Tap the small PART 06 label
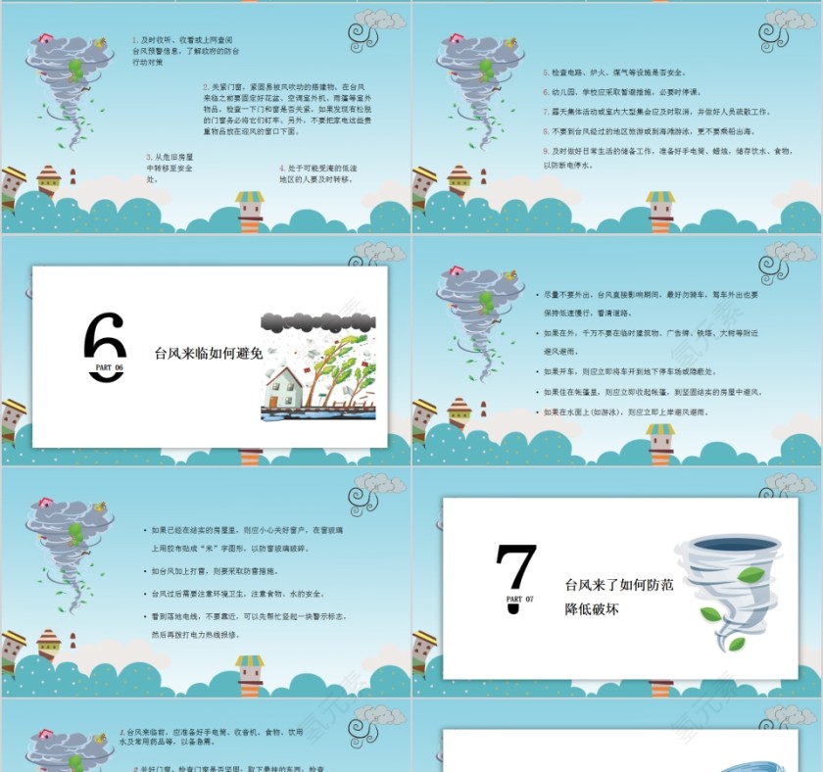coord(108,369)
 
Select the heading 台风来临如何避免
coord(209,354)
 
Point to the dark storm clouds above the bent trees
coord(317,320)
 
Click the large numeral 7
coord(516,568)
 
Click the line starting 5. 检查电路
coord(614,72)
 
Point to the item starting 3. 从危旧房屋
coord(169,168)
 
